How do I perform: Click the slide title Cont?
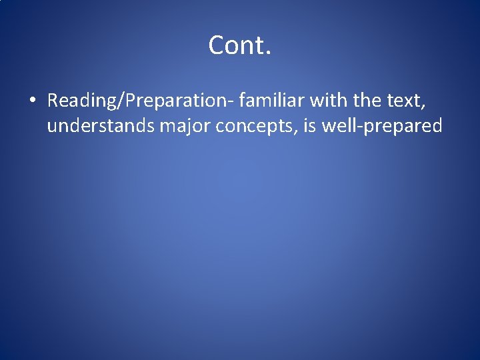tap(239, 46)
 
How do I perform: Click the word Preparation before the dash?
tap(173, 101)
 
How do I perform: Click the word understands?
tap(101, 125)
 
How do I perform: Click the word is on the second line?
tap(309, 125)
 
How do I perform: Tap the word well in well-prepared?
tap(339, 125)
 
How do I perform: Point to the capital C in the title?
tap(217, 46)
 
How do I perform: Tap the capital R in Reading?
tap(53, 101)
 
